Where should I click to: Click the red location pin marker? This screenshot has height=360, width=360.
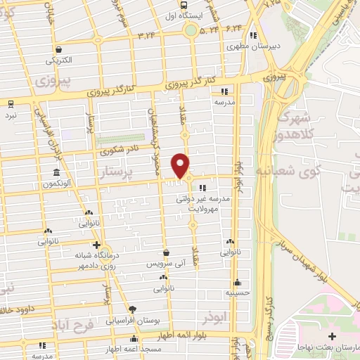pos(181,166)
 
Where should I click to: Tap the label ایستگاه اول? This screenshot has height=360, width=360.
pos(188,15)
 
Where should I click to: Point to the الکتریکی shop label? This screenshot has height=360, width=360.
pos(60,60)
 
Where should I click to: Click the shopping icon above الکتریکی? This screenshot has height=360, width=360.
pos(60,50)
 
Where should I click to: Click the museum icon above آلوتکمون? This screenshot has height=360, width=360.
pos(56,172)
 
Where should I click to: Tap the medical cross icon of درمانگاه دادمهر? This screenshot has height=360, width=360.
pos(96,245)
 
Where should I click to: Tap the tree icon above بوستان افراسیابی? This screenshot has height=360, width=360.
pos(131,309)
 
